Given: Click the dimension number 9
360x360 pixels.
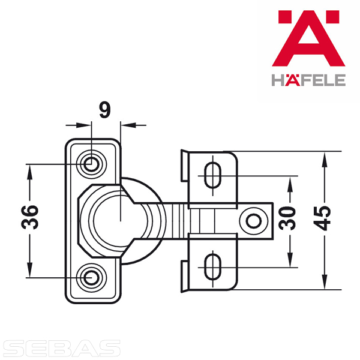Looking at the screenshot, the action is click(x=105, y=110).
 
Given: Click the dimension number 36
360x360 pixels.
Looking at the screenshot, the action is click(x=29, y=217).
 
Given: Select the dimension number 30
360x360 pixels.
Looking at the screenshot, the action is click(x=287, y=218).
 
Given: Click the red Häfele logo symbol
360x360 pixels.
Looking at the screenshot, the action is click(x=308, y=38).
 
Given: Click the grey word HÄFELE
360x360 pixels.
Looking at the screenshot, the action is click(x=308, y=80).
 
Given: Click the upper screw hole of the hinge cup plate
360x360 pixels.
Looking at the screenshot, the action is click(x=91, y=164).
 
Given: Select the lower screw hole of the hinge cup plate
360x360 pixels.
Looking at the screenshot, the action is click(x=91, y=278).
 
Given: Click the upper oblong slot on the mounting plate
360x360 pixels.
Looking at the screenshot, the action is click(x=212, y=176).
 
